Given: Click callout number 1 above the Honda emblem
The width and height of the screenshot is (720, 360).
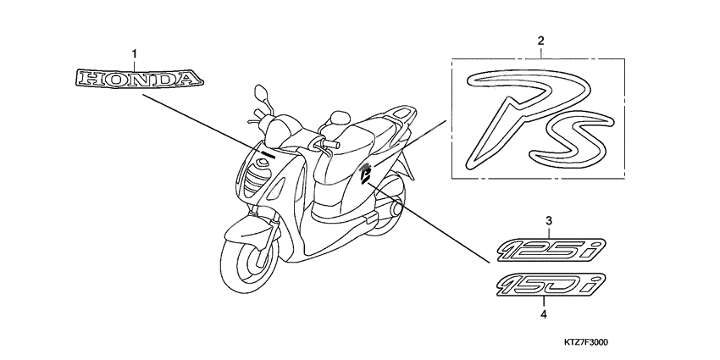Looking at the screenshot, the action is point(134,54).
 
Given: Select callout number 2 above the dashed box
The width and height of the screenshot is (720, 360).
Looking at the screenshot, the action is point(540,41).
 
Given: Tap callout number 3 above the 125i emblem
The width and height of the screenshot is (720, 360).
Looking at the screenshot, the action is point(548,221).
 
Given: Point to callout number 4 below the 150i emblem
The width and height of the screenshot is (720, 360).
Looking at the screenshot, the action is point(544,314).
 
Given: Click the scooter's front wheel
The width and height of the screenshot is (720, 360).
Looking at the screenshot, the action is point(249,263).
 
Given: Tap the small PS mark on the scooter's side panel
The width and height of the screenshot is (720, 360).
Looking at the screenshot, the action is point(366,174).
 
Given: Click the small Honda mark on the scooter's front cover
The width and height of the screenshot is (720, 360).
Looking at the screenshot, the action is point(267,153).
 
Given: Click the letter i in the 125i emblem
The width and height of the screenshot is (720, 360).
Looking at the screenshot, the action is point(596,248).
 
